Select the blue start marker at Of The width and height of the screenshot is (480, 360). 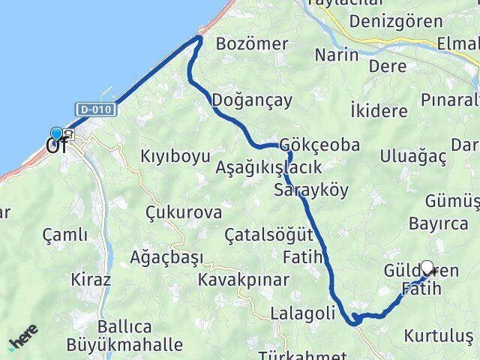(55, 133)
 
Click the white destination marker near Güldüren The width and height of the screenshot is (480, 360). (427, 268)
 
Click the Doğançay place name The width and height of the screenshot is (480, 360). (252, 100)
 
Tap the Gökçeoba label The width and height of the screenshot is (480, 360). (319, 144)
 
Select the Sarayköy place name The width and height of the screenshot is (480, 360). (311, 189)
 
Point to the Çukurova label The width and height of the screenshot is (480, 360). (184, 212)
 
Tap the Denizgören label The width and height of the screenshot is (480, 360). (406, 21)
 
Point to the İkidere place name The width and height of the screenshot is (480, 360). (379, 111)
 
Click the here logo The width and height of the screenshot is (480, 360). (25, 342)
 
